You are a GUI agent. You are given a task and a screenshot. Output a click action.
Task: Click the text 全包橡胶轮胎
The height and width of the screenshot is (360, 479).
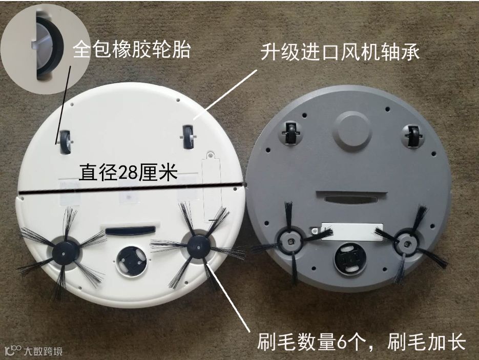132,50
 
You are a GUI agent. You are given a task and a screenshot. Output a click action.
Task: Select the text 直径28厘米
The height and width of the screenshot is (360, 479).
128,173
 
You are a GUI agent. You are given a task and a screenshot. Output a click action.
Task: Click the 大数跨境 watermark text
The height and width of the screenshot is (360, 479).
43,351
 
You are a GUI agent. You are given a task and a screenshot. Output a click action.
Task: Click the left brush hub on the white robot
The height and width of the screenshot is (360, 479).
64,253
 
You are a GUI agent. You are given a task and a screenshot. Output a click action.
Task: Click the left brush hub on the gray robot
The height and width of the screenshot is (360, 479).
290,242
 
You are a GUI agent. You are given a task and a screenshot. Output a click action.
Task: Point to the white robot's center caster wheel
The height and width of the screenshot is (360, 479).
132,261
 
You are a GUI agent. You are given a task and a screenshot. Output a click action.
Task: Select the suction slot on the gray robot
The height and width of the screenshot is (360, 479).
351,200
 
